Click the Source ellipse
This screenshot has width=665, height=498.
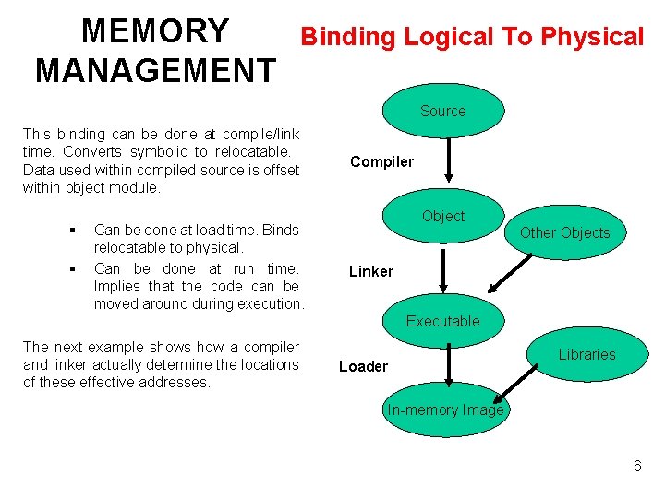coord(443,111)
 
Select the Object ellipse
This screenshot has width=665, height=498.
coord(443,216)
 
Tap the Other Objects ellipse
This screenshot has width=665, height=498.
coord(564,232)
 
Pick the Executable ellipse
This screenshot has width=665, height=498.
coord(443,321)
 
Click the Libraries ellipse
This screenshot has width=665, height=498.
coord(586,354)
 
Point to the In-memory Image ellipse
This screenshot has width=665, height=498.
coord(445,409)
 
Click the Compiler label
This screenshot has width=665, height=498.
coord(381,162)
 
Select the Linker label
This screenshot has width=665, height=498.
coord(370,271)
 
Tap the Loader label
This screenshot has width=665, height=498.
coord(363,366)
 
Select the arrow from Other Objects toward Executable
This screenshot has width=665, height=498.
coord(508,272)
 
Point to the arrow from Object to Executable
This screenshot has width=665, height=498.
coord(443,269)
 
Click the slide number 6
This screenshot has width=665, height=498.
coord(637,466)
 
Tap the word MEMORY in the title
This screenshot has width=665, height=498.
coord(154,31)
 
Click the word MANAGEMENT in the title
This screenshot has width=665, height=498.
coord(154,70)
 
